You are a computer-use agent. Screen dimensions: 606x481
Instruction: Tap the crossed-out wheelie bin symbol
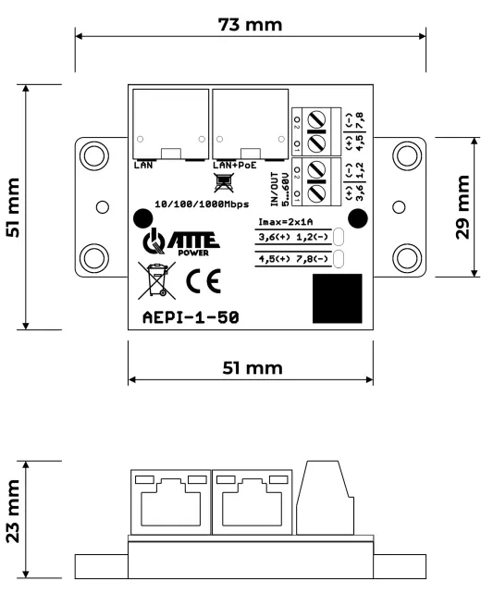click(155, 279)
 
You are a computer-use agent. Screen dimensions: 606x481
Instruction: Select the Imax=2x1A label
click(286, 221)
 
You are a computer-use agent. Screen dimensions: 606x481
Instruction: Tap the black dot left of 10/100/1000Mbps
click(142, 218)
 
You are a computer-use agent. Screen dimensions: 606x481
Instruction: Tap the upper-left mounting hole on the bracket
click(92, 152)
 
